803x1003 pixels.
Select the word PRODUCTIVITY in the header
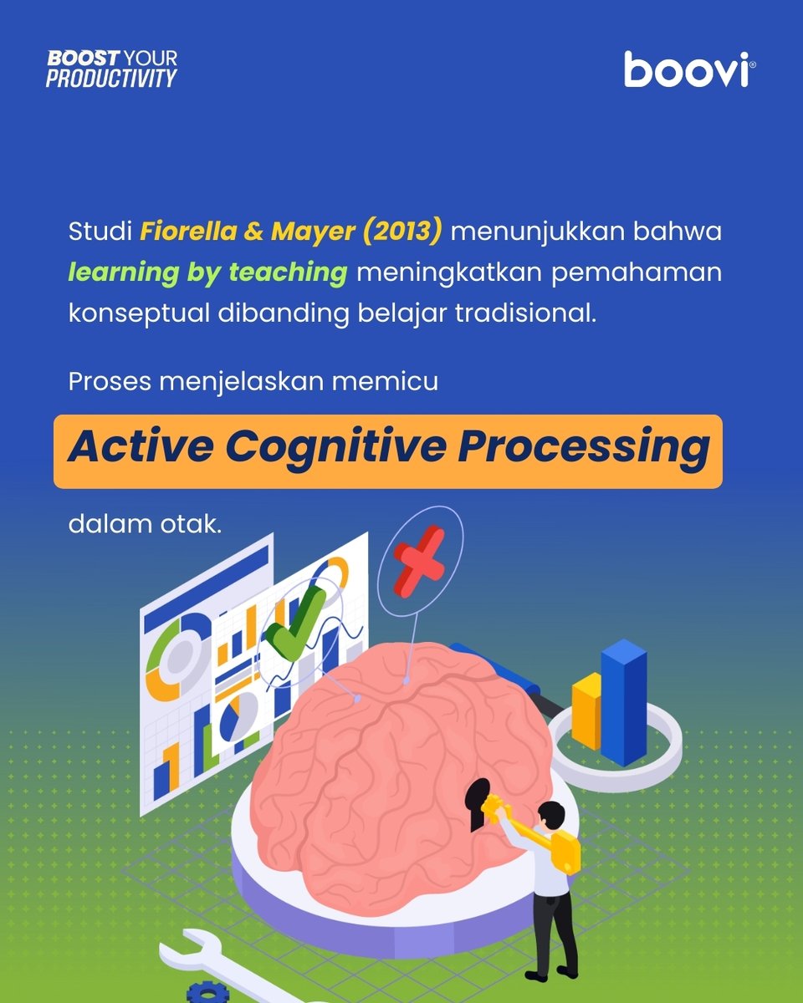111,79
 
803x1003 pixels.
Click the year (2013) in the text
402,232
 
